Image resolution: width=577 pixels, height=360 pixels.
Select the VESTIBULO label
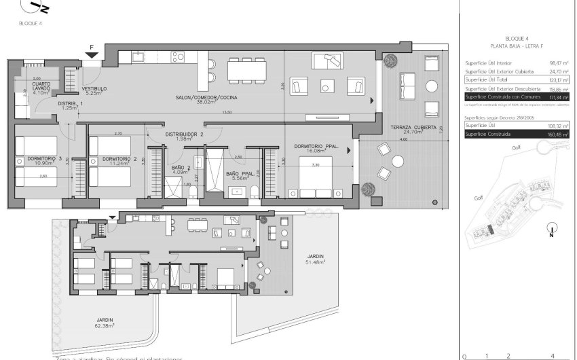point(93,89)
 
